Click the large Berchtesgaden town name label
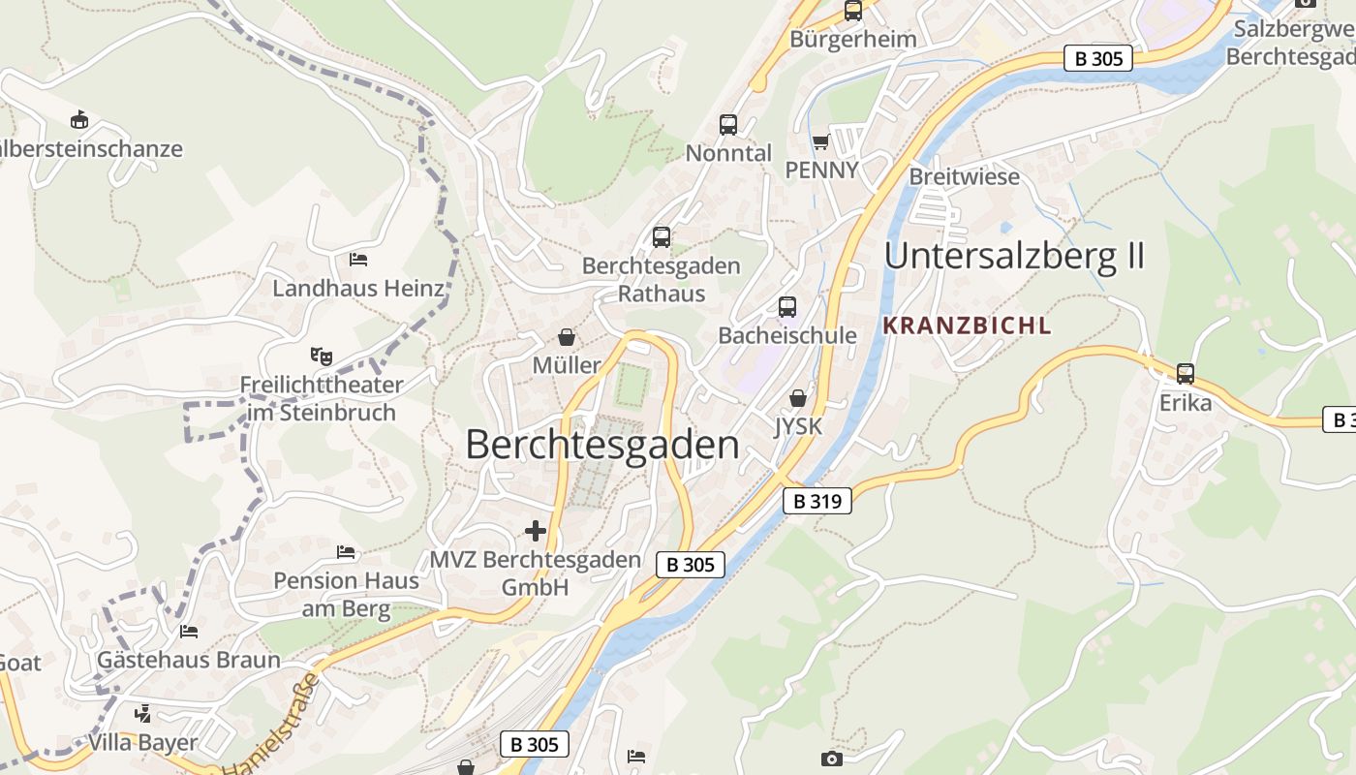[x=601, y=445]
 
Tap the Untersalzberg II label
[x=1014, y=256]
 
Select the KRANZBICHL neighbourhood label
[x=967, y=325]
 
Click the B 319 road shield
[x=817, y=501]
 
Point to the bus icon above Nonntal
[x=728, y=125]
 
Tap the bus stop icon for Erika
[x=1185, y=373]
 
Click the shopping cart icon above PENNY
[x=821, y=142]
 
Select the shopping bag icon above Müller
[x=567, y=337]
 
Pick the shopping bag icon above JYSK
[x=797, y=398]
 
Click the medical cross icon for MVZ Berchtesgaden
[x=536, y=531]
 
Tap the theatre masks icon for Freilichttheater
[x=321, y=356]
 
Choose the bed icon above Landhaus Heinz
[x=357, y=260]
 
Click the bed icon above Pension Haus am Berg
[x=346, y=552]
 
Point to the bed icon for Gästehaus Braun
[x=189, y=632]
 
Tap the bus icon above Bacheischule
[x=787, y=307]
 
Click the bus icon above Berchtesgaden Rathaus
[x=662, y=237]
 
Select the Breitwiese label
[x=964, y=176]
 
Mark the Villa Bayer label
[x=142, y=743]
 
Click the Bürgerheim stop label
[x=853, y=39]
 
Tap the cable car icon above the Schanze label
[x=79, y=120]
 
